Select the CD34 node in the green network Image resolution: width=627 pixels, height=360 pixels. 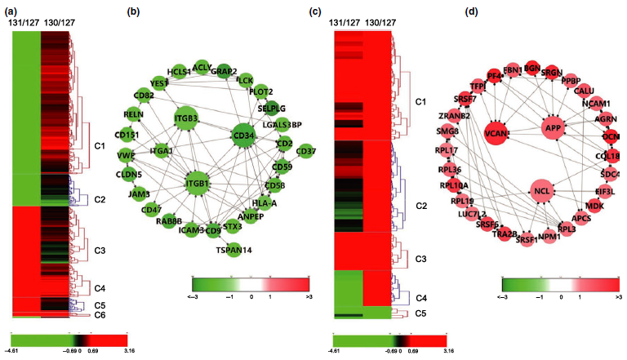pos(243,136)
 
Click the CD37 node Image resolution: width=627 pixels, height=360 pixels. pos(306,150)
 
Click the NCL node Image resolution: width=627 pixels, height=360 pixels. pos(541,192)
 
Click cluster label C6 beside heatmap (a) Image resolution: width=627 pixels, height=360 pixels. pos(100,314)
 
